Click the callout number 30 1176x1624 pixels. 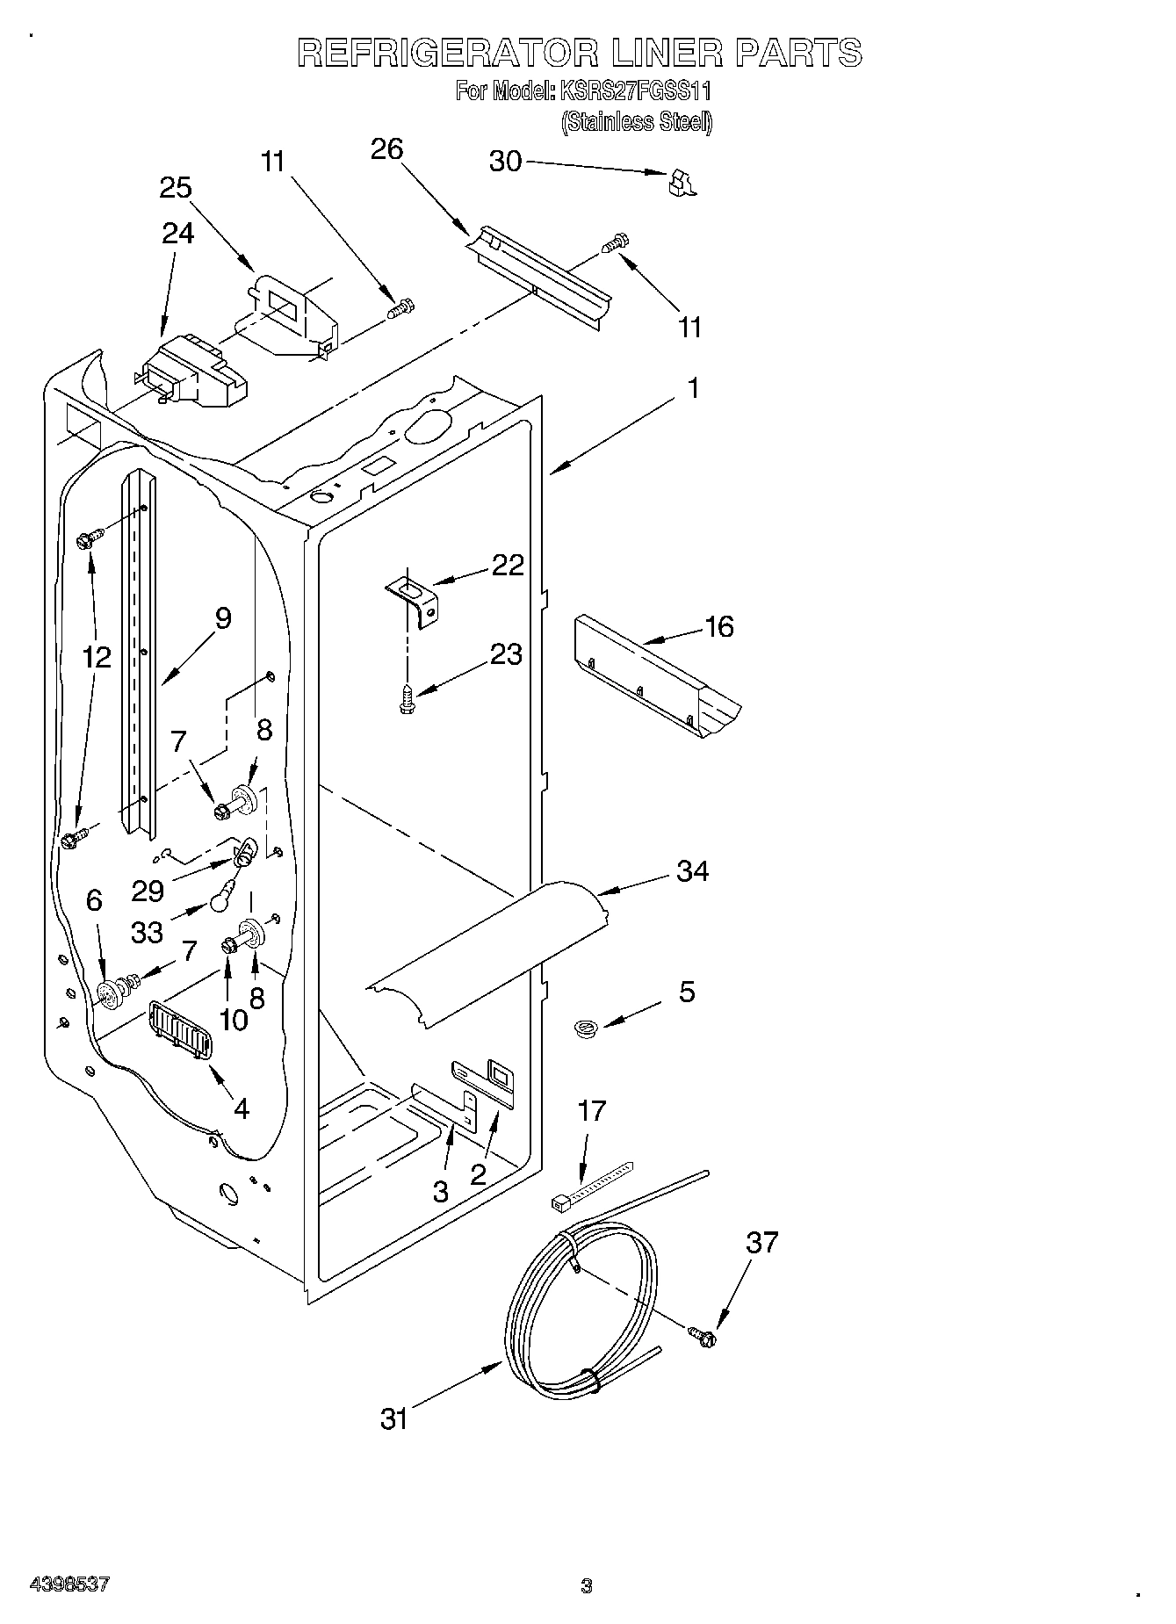(x=505, y=162)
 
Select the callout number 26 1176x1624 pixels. (x=386, y=149)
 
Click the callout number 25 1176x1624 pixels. (x=176, y=188)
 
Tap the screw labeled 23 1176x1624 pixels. (x=407, y=699)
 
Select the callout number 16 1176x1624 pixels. (x=719, y=627)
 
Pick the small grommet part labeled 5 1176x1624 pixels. (x=582, y=1026)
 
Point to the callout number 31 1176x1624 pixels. (x=394, y=1418)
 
